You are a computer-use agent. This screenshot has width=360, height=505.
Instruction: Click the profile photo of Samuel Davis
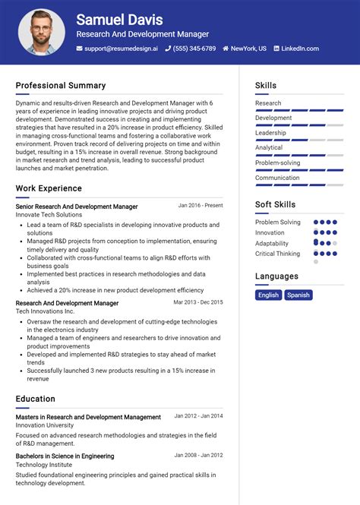(42, 32)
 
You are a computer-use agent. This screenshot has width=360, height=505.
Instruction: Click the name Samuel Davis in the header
(119, 20)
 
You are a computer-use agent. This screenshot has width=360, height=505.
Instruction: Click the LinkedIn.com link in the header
(300, 49)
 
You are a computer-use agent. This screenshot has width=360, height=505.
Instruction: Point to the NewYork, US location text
(248, 49)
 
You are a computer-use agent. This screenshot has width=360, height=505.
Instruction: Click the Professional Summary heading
(61, 86)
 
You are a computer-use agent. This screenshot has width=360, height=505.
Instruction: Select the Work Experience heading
(49, 188)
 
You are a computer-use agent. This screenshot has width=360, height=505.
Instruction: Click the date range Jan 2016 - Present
(201, 206)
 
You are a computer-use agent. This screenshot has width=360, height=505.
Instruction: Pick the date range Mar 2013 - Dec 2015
(198, 302)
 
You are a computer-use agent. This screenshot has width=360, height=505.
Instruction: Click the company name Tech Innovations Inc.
(45, 311)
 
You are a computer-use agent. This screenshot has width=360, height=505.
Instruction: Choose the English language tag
(268, 295)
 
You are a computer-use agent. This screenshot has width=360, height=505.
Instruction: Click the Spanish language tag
(298, 295)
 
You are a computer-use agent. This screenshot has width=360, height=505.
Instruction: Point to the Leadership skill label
(270, 133)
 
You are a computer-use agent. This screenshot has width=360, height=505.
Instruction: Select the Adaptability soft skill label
(272, 243)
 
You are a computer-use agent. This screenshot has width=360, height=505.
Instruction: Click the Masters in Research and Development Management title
(88, 417)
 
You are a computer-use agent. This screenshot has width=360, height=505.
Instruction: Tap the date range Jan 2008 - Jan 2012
(198, 456)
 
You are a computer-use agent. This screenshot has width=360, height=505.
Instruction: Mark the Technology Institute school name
(44, 465)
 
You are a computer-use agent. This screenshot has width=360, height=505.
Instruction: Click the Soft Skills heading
(275, 204)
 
